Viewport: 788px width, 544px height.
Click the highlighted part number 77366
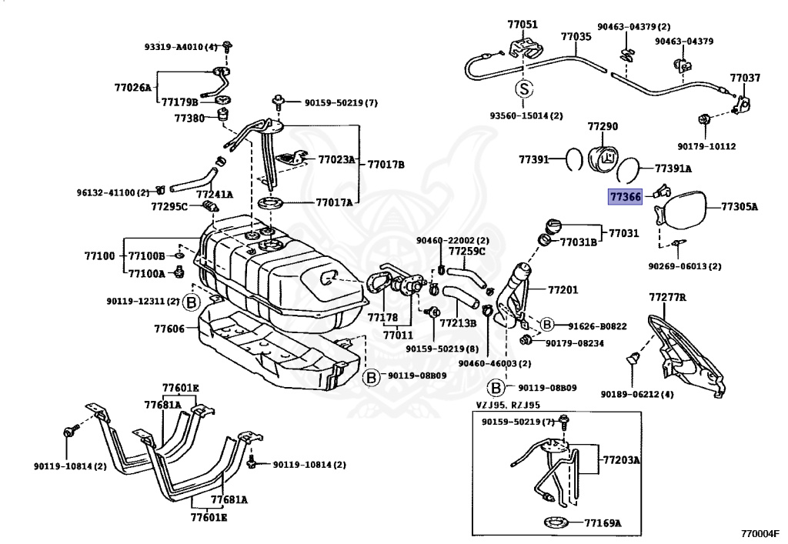(625, 197)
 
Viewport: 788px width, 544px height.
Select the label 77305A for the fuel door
(740, 206)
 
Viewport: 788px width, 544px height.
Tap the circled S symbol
(523, 89)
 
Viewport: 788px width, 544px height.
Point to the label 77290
(603, 125)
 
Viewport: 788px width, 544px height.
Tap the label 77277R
(667, 296)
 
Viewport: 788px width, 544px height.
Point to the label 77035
(576, 36)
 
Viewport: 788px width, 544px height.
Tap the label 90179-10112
(706, 146)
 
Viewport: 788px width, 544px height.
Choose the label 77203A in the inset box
(621, 460)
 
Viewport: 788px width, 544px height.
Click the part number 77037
(745, 78)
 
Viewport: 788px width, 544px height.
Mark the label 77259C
(467, 251)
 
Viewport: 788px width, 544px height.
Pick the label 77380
(189, 118)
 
